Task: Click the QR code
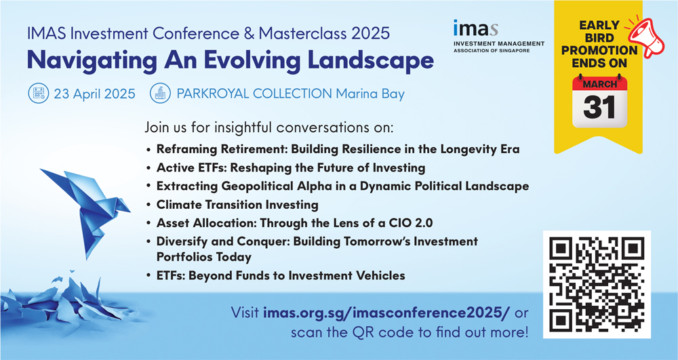597,284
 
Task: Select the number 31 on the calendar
599,107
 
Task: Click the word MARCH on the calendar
600,84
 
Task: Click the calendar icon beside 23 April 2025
39,94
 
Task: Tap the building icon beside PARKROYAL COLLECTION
161,94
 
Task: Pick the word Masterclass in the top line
304,33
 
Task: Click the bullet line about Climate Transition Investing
237,205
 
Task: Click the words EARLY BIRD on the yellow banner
599,31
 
